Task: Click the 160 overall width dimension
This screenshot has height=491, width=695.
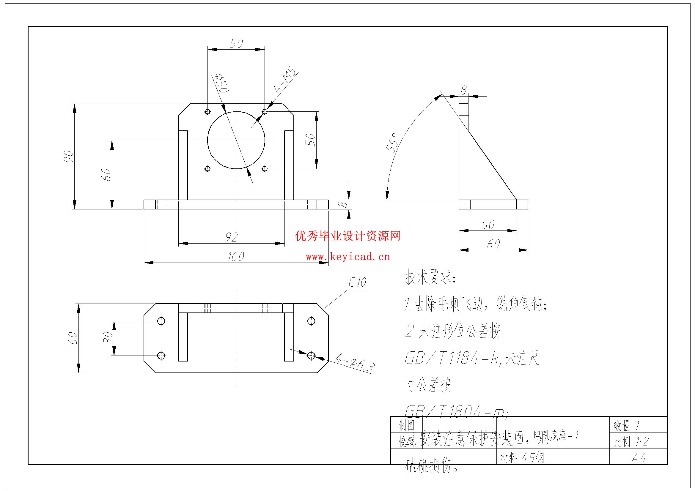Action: tap(236, 257)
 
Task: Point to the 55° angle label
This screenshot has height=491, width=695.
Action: tap(392, 143)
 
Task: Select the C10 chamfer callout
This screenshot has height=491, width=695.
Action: tap(357, 282)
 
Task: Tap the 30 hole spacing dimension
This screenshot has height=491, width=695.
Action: tap(108, 338)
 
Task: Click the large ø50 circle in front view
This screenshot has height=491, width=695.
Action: tap(236, 140)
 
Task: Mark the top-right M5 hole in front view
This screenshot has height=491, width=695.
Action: tap(265, 112)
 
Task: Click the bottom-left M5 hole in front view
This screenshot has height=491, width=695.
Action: tap(207, 168)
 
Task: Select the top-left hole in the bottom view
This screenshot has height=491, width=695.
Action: tap(161, 321)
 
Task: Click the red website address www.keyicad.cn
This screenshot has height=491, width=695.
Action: tap(348, 257)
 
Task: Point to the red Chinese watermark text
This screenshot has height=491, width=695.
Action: tap(348, 236)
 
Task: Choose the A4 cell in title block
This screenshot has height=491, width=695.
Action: tap(639, 458)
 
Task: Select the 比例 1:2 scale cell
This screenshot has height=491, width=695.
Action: tap(631, 442)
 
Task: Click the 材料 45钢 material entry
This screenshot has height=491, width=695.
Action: tap(522, 458)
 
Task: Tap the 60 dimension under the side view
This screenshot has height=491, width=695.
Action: tap(493, 244)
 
